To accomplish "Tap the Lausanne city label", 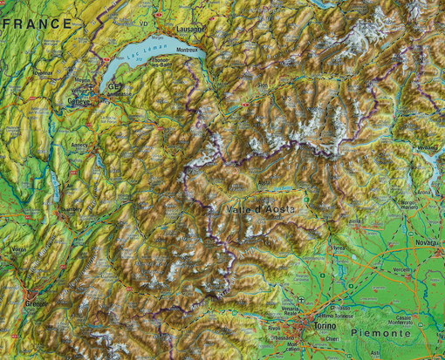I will [189, 28].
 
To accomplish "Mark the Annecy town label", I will [81, 145].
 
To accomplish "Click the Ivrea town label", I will [338, 248].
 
